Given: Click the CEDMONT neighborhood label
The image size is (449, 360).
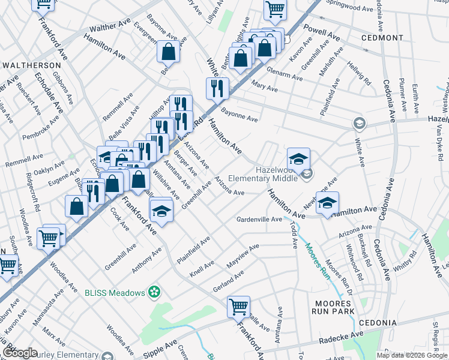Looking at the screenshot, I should coord(383,38).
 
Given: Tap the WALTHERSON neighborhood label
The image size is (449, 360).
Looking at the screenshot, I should coord(32,65).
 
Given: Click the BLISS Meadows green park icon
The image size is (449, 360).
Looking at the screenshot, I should coord(155,292).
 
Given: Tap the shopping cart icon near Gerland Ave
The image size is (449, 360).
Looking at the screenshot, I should coord(238,307).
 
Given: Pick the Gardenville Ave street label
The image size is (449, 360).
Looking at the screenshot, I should coord(259,220).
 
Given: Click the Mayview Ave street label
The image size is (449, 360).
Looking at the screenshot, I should coord(243,255).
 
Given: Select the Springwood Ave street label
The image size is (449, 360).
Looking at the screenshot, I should coord(350,8).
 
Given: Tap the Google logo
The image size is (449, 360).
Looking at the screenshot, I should coord(20,352).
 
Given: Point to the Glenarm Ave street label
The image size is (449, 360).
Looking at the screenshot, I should coord(269,76).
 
